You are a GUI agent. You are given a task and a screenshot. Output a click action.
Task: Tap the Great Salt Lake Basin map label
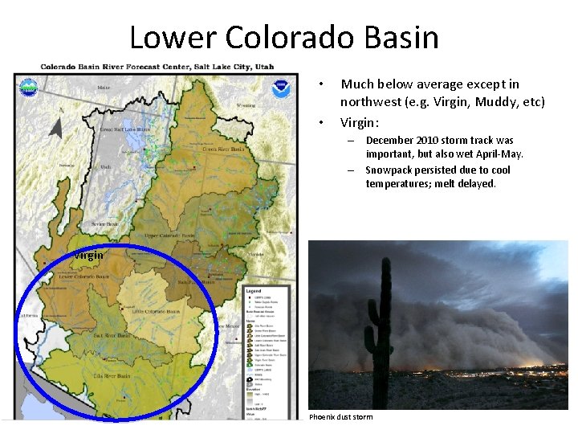[x=124, y=129]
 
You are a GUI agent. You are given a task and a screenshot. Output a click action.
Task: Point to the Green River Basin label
[x=223, y=149]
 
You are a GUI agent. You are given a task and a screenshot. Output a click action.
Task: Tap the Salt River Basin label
[x=113, y=335]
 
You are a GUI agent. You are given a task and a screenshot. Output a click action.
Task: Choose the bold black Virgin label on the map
[x=88, y=256]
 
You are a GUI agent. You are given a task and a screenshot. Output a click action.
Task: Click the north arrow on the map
[x=55, y=125]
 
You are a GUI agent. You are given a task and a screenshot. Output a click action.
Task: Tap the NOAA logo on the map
[x=282, y=88]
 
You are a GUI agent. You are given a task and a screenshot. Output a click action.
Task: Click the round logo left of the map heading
[x=28, y=88]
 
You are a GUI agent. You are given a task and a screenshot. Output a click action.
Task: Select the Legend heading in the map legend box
[x=253, y=290]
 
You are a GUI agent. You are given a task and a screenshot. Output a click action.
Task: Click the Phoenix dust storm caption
[x=340, y=417]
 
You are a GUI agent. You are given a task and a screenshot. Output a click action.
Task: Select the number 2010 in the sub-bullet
[x=427, y=140]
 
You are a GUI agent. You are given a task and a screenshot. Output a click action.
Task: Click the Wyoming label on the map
[x=246, y=105]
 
